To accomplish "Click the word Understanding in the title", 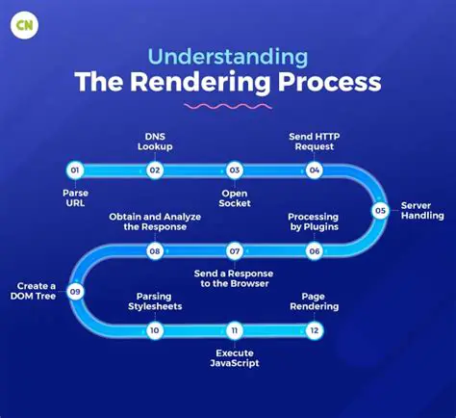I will (228, 54).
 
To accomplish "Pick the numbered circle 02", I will (154, 170).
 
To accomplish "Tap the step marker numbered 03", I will (234, 170).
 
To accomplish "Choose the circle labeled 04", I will (314, 170).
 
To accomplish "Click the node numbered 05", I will (380, 210).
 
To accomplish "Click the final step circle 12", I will (314, 330).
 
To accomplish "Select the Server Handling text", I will (419, 211).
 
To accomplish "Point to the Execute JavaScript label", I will (234, 358).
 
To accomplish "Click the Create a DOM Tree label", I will (34, 291).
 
